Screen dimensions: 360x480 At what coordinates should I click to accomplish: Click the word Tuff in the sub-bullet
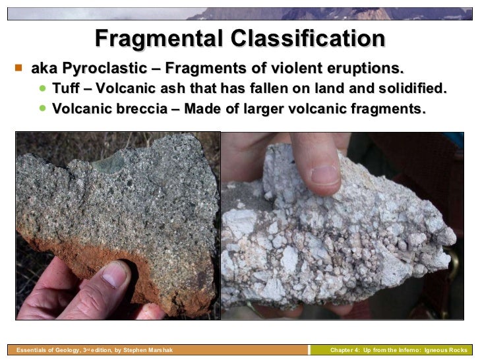pyautogui.click(x=64, y=89)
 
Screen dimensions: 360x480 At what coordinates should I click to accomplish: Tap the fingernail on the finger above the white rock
pyautogui.click(x=325, y=173)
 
